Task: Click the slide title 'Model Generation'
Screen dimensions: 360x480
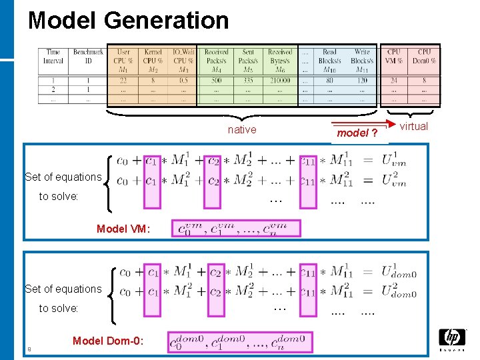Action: [x=128, y=21]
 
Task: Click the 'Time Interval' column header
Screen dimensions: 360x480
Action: [x=53, y=57]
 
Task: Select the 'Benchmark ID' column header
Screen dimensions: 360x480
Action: [x=88, y=57]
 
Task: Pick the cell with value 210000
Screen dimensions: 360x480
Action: [x=280, y=81]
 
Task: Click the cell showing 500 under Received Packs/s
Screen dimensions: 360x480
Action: [x=216, y=81]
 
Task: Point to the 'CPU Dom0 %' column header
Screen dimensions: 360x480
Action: [x=424, y=57]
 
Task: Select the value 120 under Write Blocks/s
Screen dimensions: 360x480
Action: [x=362, y=81]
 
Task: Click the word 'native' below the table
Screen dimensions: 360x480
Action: [x=241, y=130]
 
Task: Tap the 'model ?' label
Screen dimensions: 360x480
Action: [x=357, y=133]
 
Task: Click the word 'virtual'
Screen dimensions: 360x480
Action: [x=413, y=127]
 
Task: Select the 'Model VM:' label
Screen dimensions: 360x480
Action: [x=123, y=229]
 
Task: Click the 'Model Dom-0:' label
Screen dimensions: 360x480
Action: [x=107, y=341]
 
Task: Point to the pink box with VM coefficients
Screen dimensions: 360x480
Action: [x=236, y=229]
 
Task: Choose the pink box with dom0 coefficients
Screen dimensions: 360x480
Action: [x=239, y=342]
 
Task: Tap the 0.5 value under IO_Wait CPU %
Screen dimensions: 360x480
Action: [x=183, y=81]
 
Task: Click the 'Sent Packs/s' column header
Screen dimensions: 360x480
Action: [x=248, y=57]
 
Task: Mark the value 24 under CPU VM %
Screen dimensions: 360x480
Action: [x=394, y=81]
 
